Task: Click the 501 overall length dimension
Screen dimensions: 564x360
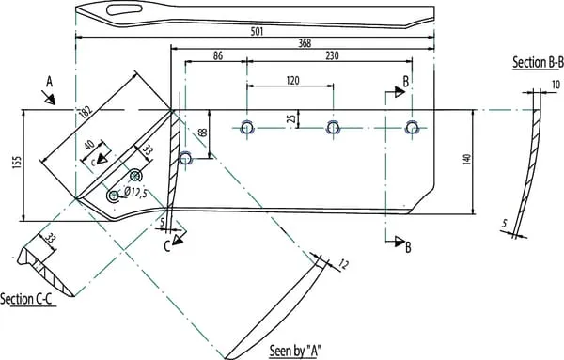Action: [258, 32]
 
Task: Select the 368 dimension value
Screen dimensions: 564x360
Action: [305, 43]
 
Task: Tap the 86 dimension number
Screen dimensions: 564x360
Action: [218, 55]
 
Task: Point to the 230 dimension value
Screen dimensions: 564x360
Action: [332, 55]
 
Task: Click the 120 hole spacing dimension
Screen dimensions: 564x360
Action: [292, 80]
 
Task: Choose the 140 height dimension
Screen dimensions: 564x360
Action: [467, 160]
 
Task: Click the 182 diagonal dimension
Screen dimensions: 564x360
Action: [86, 112]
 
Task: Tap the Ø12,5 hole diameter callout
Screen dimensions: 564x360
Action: [135, 193]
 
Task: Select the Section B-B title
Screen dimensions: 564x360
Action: [538, 62]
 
